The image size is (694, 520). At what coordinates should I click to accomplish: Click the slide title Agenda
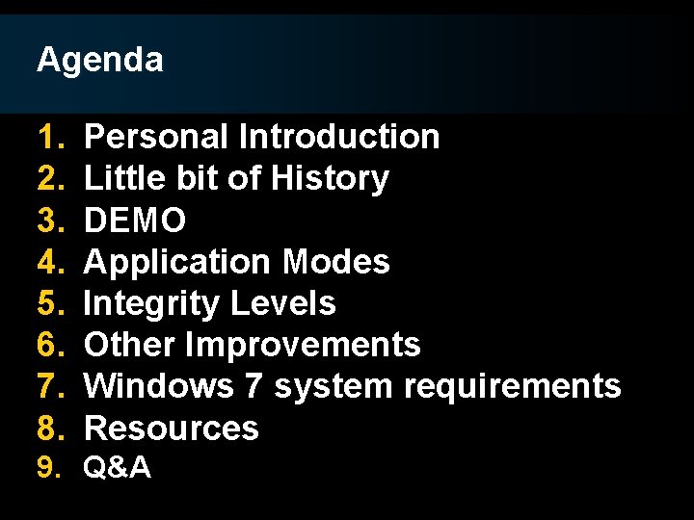point(99,61)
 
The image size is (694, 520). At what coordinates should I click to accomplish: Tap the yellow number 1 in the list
point(48,138)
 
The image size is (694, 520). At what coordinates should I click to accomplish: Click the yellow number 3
point(48,221)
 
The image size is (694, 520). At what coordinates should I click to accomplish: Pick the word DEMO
point(135,221)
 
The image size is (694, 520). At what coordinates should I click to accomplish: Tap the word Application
point(179,262)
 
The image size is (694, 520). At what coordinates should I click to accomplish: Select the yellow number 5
point(48,303)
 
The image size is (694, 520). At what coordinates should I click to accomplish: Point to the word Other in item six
point(130,345)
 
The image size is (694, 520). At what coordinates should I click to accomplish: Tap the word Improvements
point(303,345)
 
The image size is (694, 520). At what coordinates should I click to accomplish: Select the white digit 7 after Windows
point(254,386)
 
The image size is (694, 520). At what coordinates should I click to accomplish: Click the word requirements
point(513,387)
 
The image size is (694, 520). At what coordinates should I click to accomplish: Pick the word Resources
point(172,428)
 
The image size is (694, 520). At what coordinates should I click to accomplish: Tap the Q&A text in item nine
point(117,468)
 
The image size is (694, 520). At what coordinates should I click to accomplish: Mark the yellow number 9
point(48,468)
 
